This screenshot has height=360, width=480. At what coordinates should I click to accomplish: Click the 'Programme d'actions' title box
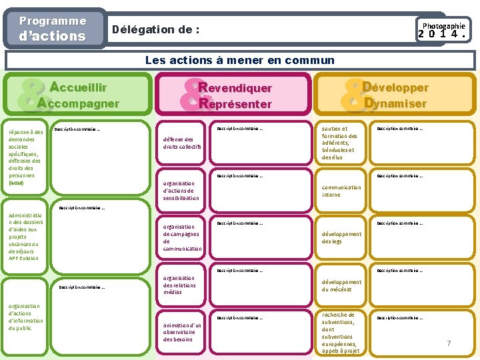[x=53, y=29]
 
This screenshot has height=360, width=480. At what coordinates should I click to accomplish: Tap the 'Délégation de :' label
[x=156, y=29]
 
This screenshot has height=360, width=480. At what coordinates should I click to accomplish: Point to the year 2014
[x=441, y=35]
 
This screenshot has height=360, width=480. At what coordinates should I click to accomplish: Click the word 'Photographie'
[x=443, y=25]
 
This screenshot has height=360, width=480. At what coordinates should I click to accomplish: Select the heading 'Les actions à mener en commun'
[x=240, y=61]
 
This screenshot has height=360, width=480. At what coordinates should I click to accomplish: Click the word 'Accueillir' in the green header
[x=79, y=87]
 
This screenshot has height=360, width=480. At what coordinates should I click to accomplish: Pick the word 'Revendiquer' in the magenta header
[x=235, y=88]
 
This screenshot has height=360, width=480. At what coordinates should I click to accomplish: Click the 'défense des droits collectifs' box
[x=182, y=143]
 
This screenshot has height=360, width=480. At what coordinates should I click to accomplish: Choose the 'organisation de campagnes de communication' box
[x=182, y=237]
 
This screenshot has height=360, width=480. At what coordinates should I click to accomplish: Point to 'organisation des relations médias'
[x=179, y=285]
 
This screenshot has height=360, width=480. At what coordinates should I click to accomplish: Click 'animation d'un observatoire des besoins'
[x=183, y=332]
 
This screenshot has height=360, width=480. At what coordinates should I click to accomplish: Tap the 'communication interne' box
[x=341, y=191]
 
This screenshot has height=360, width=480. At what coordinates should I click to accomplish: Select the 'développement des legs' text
[x=341, y=238]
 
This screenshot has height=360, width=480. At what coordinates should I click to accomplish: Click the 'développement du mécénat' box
[x=341, y=286]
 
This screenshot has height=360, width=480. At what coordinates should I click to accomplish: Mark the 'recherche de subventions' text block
[x=340, y=332]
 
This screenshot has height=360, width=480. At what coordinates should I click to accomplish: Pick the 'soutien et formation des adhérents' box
[x=339, y=143]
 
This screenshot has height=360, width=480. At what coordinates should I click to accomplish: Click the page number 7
[x=449, y=343]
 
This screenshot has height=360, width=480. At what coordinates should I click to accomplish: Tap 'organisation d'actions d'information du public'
[x=25, y=317]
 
